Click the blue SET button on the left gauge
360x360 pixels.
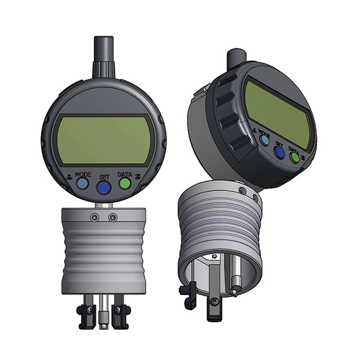click(104, 187)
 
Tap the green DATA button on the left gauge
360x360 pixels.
click(125, 183)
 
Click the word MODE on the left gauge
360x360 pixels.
click(83, 174)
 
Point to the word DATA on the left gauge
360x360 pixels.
click(125, 174)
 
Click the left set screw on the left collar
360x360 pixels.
click(94, 217)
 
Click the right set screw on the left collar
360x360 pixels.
click(113, 217)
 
